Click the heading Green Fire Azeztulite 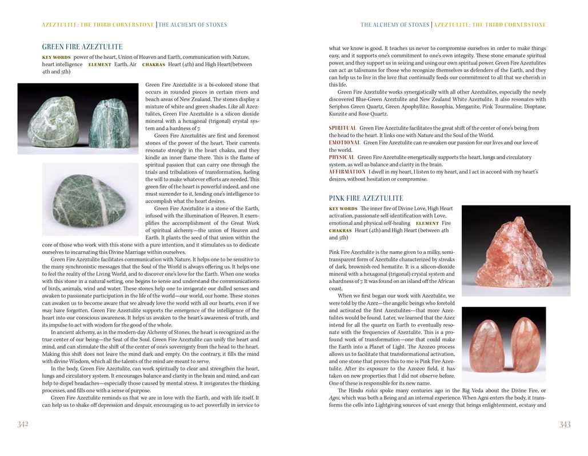coord(82,47)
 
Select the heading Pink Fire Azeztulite coord(366,198)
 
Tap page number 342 coord(23,424)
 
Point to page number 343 coord(565,424)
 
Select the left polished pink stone coord(486,345)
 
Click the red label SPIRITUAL coord(343,128)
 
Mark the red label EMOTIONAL coord(345,142)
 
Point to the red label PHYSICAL coord(342,157)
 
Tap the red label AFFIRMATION coord(347,171)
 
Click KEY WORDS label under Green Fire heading coord(56,58)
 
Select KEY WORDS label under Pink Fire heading coord(343,209)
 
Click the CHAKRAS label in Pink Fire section coord(340,231)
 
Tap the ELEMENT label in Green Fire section coord(99,65)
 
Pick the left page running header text coord(134,25)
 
